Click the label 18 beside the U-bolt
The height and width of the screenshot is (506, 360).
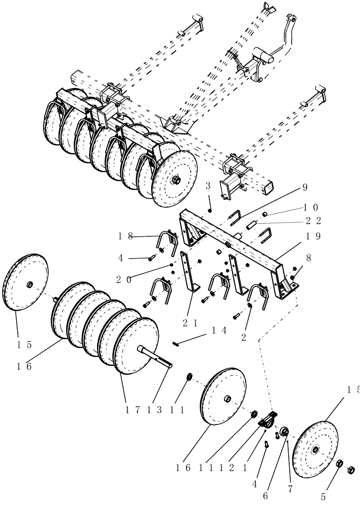(x=126, y=235)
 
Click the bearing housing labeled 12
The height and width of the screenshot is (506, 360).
(x=268, y=420)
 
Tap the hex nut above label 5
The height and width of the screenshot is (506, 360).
(x=340, y=463)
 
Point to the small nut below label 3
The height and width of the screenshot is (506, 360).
(x=210, y=209)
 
